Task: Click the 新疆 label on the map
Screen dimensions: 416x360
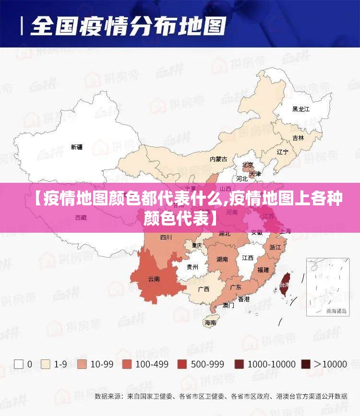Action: point(77,147)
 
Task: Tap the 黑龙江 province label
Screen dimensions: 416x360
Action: point(301,109)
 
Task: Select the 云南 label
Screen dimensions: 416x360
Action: point(154,278)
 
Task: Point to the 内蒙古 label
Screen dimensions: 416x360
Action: point(218,159)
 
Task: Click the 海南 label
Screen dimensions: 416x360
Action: point(210,323)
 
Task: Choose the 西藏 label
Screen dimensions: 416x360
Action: point(81,217)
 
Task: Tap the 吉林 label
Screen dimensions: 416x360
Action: point(298,138)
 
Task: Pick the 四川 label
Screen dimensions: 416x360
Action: point(166,237)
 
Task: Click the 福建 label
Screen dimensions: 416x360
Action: point(263,270)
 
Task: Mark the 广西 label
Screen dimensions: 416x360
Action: point(204,289)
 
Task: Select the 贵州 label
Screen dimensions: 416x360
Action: point(192,267)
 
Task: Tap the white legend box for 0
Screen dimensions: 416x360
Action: point(19,364)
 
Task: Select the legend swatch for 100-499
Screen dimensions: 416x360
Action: point(127,364)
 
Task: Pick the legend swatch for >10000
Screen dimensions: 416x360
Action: point(306,364)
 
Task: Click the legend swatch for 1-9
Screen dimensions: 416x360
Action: point(46,364)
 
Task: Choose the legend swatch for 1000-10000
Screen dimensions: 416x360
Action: point(239,364)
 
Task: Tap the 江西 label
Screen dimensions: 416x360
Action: point(248,258)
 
